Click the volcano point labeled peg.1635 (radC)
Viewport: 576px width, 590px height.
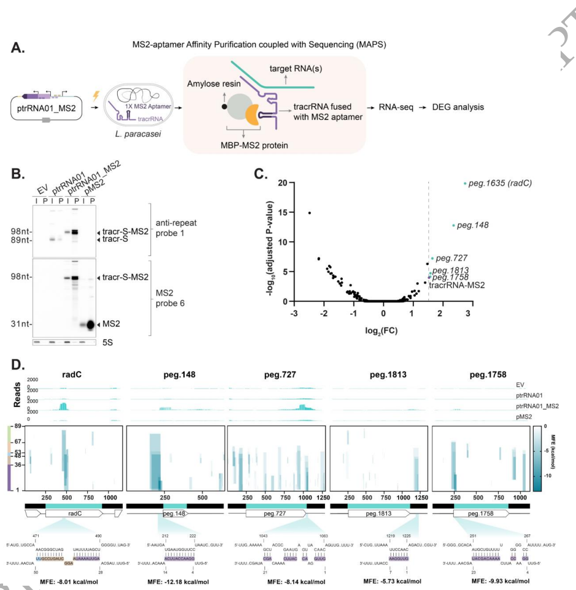point(465,183)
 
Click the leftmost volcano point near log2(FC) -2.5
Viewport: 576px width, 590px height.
point(309,213)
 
